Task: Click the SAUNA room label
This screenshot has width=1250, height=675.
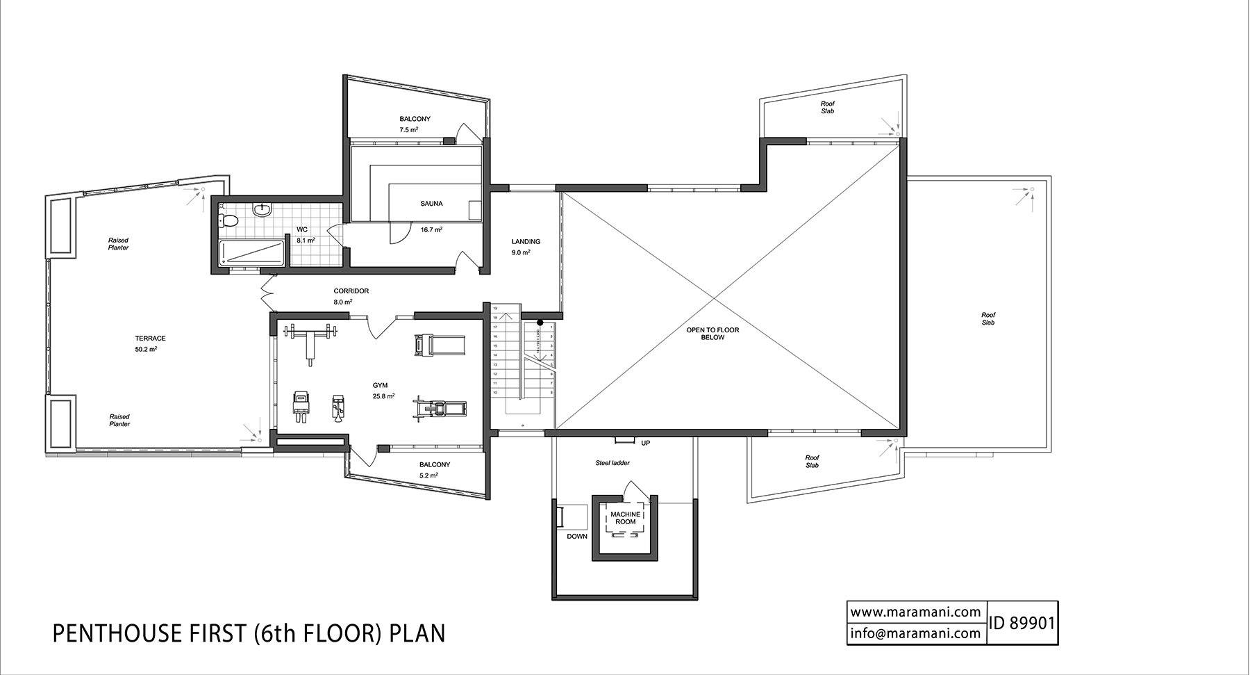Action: click(431, 204)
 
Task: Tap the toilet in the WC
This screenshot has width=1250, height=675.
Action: click(228, 221)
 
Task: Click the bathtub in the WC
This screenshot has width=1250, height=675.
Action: click(251, 252)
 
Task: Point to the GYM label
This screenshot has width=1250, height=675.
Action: click(380, 385)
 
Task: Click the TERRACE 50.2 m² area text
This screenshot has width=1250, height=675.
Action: click(146, 350)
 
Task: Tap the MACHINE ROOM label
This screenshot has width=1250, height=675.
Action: click(625, 518)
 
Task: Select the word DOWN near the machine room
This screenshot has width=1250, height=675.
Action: click(576, 537)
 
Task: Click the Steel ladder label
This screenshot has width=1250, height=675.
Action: click(612, 463)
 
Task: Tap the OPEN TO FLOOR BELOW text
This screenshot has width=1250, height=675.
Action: click(712, 334)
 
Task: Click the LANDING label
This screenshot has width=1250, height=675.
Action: click(526, 242)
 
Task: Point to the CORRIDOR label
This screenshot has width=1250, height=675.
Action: click(351, 291)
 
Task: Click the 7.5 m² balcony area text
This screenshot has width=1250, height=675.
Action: click(408, 130)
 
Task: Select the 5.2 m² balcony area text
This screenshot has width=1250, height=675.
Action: click(428, 476)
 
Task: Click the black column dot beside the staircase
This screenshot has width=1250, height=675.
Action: click(540, 323)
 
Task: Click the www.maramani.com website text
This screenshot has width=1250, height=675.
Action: click(915, 612)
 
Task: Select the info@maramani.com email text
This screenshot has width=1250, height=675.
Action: click(915, 633)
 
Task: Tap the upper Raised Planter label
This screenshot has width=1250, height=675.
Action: click(118, 244)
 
